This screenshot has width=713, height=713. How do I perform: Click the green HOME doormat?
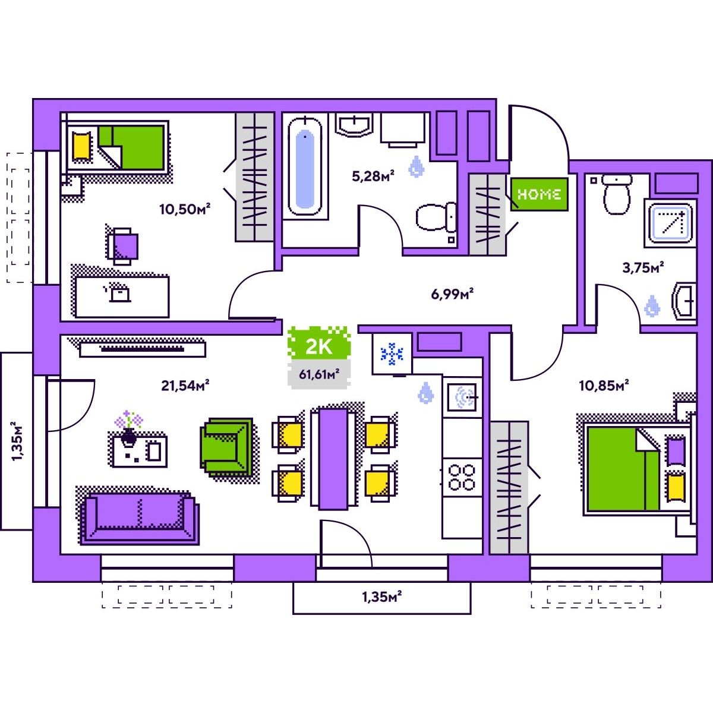click(539, 194)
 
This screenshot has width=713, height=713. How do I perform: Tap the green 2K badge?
click(319, 343)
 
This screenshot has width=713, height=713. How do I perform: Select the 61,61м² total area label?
click(319, 374)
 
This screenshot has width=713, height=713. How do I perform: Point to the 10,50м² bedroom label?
click(185, 209)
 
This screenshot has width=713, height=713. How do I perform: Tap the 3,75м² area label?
click(643, 267)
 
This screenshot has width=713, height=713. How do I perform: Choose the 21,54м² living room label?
click(185, 386)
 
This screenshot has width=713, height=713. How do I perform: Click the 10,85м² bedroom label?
click(604, 386)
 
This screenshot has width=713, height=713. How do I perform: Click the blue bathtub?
click(305, 166)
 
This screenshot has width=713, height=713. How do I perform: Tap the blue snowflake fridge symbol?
click(392, 354)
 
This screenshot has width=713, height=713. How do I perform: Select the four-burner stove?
click(462, 477)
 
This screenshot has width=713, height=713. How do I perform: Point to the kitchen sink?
click(462, 397)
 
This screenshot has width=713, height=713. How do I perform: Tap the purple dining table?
click(333, 459)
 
